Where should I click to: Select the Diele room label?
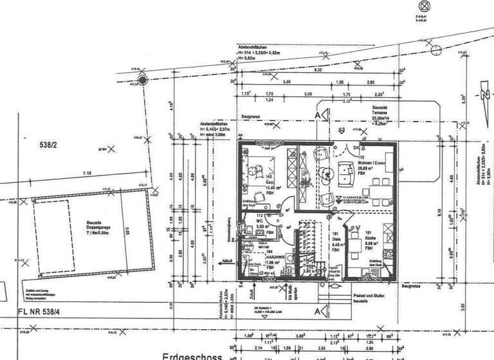tap(335, 239)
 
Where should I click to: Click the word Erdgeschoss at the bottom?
tap(192, 356)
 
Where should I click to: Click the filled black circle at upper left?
tap(143, 80)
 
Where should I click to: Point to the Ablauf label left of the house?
tap(226, 262)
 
